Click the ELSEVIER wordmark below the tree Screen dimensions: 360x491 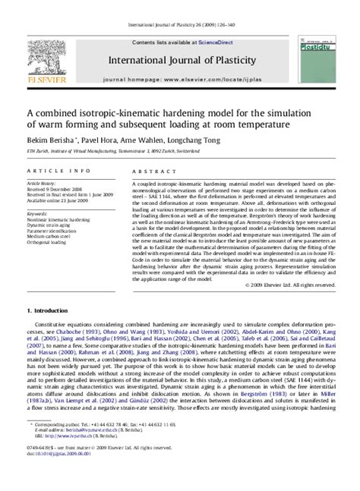click(x=38, y=80)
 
